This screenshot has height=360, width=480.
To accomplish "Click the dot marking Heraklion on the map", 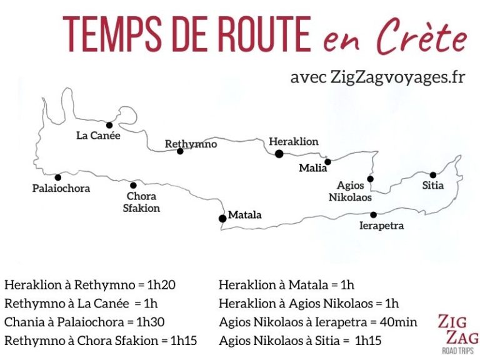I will tap(279, 154).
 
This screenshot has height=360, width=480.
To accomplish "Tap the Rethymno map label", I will tap(191, 144).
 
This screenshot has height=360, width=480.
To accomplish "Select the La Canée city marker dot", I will tap(109, 125).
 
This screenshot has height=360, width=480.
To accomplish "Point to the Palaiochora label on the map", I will tap(61, 188).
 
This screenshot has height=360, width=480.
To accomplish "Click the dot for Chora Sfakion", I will tap(133, 185).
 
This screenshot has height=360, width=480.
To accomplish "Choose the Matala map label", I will tap(244, 215).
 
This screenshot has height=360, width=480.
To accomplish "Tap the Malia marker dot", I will tap(327, 161).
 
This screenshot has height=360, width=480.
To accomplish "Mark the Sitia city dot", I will tap(432, 174).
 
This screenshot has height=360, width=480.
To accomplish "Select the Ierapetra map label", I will tap(382, 226).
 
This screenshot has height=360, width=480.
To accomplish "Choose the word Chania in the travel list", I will tap(22, 322).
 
